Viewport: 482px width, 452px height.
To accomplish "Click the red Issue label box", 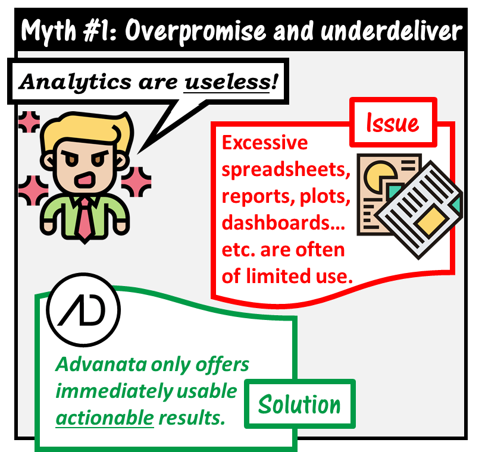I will tap(392, 123).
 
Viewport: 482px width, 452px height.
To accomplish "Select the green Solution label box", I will tap(299, 404).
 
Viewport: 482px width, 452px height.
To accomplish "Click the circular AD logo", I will tap(83, 309).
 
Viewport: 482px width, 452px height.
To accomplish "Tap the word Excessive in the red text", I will tap(265, 143).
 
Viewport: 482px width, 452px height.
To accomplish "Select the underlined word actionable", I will tap(105, 418).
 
